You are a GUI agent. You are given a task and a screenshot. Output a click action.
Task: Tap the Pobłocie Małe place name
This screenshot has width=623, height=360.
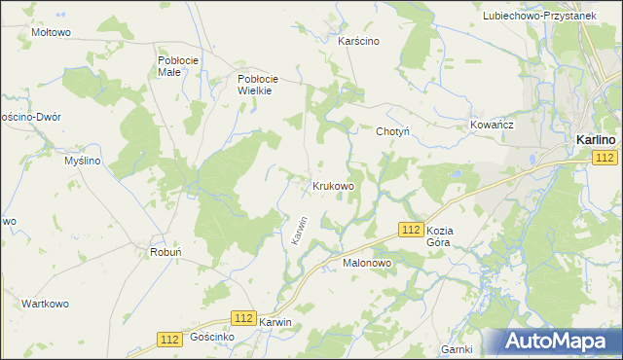178,66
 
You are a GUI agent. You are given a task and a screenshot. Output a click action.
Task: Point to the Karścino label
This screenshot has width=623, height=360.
357,42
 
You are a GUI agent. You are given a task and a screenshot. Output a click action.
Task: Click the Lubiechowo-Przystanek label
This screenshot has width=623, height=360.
552,17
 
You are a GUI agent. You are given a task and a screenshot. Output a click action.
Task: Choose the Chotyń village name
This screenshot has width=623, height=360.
393,131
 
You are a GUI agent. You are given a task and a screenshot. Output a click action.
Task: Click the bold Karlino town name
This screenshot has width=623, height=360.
595,140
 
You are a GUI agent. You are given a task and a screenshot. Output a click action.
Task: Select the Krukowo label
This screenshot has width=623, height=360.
333,185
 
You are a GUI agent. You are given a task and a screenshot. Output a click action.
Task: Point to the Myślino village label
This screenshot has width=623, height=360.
83,161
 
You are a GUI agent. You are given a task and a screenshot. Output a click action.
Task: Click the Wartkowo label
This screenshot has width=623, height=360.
45,304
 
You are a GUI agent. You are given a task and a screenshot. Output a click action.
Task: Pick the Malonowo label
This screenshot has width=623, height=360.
366,263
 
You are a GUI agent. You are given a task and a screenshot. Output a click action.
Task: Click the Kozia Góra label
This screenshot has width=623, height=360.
446,237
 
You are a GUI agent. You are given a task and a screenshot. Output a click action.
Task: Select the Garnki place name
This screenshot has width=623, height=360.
457,349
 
